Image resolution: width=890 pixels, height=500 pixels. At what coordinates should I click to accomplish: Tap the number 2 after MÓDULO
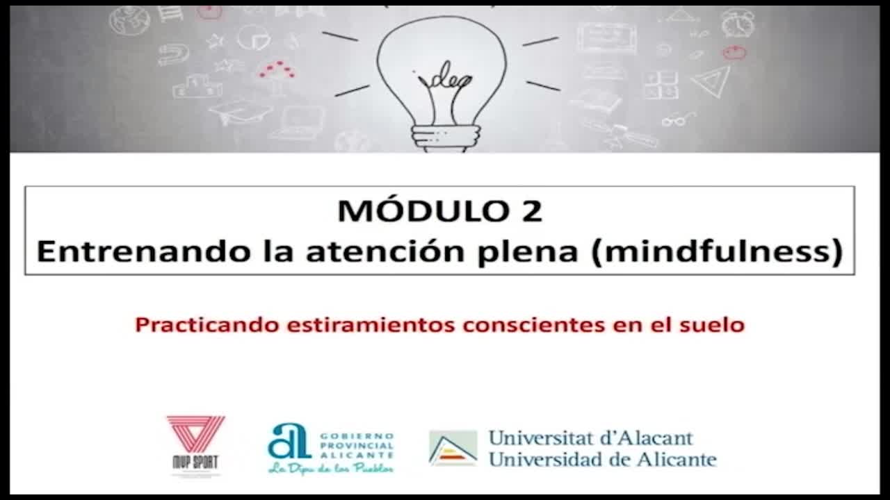[x=532, y=210]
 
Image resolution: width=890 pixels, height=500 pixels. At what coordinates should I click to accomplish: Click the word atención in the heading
[x=385, y=251]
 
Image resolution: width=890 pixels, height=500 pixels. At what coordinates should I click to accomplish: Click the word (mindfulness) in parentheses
[x=717, y=251]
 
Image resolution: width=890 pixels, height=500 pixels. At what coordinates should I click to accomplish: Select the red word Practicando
[x=207, y=325]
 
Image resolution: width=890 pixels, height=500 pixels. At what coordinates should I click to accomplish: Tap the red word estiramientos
[x=371, y=325]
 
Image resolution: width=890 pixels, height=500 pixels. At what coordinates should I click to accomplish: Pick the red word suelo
[x=711, y=325]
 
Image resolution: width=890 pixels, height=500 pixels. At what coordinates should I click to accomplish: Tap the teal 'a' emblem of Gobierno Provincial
[x=289, y=441]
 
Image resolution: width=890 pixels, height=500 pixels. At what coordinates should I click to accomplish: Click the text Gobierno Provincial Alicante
[x=357, y=446]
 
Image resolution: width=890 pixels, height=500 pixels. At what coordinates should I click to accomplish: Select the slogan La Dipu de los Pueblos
[x=332, y=468]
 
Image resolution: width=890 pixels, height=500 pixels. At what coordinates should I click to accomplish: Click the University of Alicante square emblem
[x=453, y=448]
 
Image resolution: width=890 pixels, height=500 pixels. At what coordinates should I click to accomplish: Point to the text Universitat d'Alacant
[x=591, y=438]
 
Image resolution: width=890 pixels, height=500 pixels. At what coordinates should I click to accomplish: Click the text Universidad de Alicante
[x=603, y=460]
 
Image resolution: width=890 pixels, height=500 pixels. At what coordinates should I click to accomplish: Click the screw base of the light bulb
[x=446, y=138]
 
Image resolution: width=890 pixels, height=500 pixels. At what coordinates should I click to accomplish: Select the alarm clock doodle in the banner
[x=738, y=23]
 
